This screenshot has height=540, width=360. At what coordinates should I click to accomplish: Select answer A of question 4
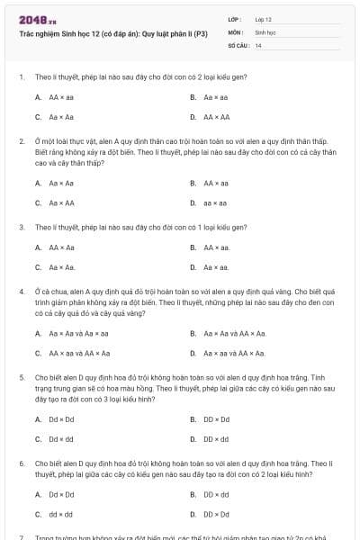[73, 333]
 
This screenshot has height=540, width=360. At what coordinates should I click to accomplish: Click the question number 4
[21, 291]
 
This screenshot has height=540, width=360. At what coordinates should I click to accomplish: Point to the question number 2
[21, 141]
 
